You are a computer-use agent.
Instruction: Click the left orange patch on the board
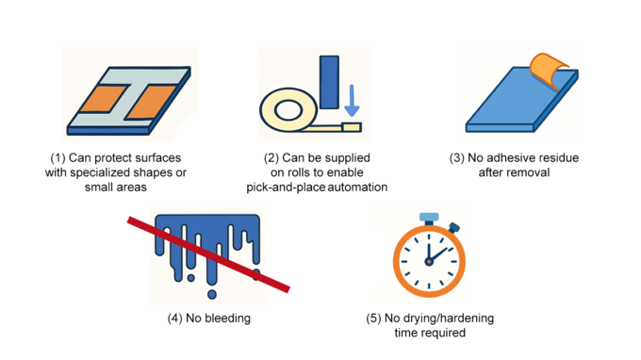point(103,99)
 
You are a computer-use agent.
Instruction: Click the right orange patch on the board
point(151,102)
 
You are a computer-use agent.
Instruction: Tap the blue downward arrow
point(352,101)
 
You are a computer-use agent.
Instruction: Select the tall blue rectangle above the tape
point(329,82)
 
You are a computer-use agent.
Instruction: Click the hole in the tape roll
point(288,110)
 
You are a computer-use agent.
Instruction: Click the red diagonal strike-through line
point(208,255)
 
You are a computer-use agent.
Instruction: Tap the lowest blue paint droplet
point(212,294)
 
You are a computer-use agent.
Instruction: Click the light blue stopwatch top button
point(429,217)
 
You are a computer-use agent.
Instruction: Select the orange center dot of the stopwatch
point(429,262)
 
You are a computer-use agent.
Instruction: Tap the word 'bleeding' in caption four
point(218,319)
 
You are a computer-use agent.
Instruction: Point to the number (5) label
point(373,319)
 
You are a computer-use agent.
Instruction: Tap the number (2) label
point(271,158)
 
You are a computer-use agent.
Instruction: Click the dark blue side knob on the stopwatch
point(453,228)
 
